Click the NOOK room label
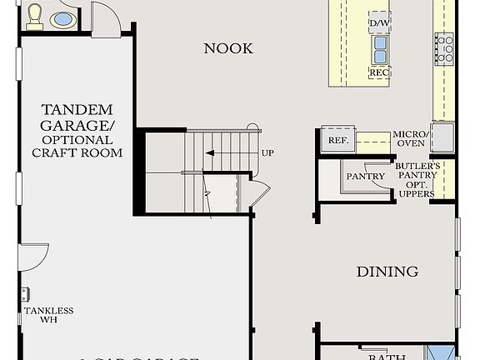click(228, 49)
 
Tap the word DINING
click(387, 272)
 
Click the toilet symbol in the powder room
click(35, 16)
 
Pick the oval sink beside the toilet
click(62, 18)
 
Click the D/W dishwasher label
click(378, 21)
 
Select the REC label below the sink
click(379, 73)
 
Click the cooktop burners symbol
click(443, 48)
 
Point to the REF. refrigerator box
click(338, 141)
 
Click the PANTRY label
click(365, 177)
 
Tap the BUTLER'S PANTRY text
click(417, 172)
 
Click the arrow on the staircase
click(211, 153)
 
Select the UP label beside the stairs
click(267, 153)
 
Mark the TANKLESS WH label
click(48, 315)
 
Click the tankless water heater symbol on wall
click(25, 294)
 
